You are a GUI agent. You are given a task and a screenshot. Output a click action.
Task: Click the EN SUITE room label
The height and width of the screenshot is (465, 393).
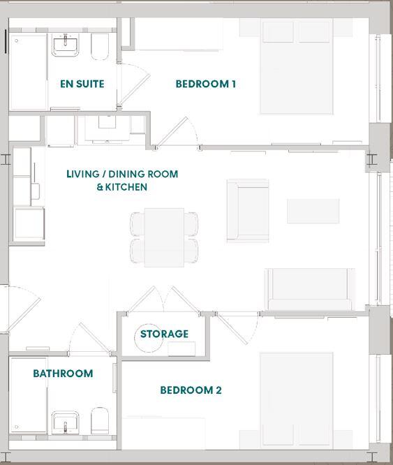click(82, 84)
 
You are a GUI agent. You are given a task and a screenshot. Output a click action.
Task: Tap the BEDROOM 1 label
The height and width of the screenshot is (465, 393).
click(206, 84)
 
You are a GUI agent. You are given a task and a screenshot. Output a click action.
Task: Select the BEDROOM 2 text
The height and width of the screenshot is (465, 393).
click(191, 390)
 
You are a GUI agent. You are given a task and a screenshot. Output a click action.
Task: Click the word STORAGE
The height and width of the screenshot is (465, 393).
click(164, 334)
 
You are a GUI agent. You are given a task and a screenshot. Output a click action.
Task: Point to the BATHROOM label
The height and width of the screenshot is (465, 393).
click(63, 374)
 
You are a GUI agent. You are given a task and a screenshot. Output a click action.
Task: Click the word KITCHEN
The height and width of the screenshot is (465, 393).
click(126, 187)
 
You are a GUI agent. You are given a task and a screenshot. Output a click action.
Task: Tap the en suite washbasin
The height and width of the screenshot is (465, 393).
click(65, 45)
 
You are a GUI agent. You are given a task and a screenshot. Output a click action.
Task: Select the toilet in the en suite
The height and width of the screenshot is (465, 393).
click(100, 47)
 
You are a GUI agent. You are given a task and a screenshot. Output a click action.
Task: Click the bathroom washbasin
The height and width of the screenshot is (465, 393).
click(65, 422)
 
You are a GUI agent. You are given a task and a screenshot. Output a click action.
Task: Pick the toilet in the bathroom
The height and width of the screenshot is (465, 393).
click(100, 420)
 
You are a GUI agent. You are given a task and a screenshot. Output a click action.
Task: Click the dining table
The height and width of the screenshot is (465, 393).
click(164, 237)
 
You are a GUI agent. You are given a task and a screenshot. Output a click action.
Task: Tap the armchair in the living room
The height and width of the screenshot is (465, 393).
click(248, 211)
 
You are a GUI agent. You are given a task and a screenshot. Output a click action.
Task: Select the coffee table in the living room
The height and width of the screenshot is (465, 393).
click(313, 211)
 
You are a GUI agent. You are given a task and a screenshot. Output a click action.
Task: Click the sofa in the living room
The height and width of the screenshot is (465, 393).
click(309, 290)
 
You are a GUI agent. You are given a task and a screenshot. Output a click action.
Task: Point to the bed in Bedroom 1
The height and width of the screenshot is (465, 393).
click(297, 66)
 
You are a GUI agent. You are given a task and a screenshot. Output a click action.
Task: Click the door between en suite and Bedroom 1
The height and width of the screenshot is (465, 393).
click(134, 84)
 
